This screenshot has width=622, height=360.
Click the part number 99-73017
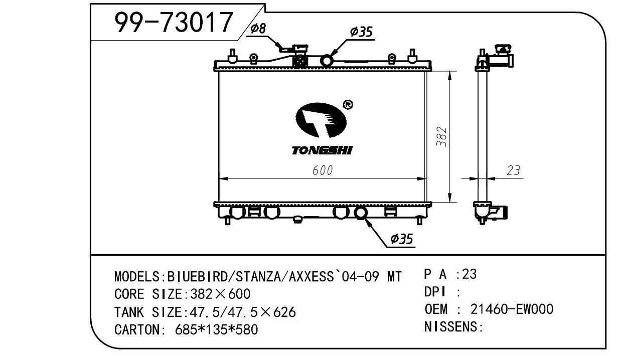174,23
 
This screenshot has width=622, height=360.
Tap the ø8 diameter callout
258,28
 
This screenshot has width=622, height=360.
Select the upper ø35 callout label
361,32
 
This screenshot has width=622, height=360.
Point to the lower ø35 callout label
401,239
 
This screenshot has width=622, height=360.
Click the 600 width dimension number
323,170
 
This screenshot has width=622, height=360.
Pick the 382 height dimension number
441,136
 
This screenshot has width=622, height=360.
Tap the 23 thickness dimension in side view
513,170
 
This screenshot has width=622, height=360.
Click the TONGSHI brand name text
322,150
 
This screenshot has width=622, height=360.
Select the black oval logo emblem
321,120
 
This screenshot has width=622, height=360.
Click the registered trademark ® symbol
348,105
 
